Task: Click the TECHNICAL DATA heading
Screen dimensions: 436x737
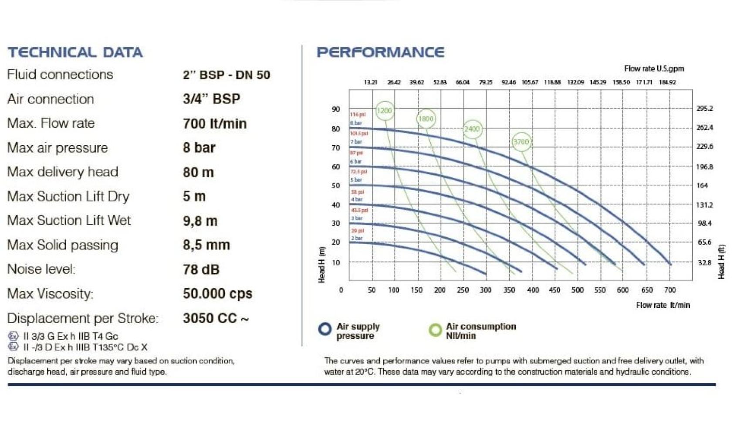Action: pos(75,52)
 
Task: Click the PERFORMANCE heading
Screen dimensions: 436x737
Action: pos(380,52)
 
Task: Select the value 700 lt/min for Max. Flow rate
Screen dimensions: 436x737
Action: pos(215,123)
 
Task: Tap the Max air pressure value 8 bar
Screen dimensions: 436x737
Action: pos(199,148)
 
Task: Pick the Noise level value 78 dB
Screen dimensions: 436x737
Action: pos(201,269)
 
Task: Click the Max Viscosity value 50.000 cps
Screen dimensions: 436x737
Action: pos(217,293)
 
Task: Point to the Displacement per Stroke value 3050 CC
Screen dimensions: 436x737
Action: pos(216,318)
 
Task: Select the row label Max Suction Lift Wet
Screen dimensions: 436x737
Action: pos(69,221)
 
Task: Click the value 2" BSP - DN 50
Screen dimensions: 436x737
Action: pos(226,75)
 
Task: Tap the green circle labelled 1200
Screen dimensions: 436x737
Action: pos(384,111)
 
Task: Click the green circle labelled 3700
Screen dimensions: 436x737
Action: pos(521,142)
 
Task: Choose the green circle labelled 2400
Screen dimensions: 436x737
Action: pos(472,129)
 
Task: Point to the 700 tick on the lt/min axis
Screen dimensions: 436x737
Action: pos(669,290)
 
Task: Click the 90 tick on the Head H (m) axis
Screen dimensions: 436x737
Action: pos(335,109)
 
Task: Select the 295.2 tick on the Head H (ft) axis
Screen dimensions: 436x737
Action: pos(704,109)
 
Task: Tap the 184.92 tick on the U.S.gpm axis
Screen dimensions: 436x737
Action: pos(667,82)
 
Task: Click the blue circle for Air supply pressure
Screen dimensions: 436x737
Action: pos(325,329)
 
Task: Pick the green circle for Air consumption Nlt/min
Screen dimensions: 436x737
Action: pos(435,330)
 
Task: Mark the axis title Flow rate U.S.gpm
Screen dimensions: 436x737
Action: pos(653,68)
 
